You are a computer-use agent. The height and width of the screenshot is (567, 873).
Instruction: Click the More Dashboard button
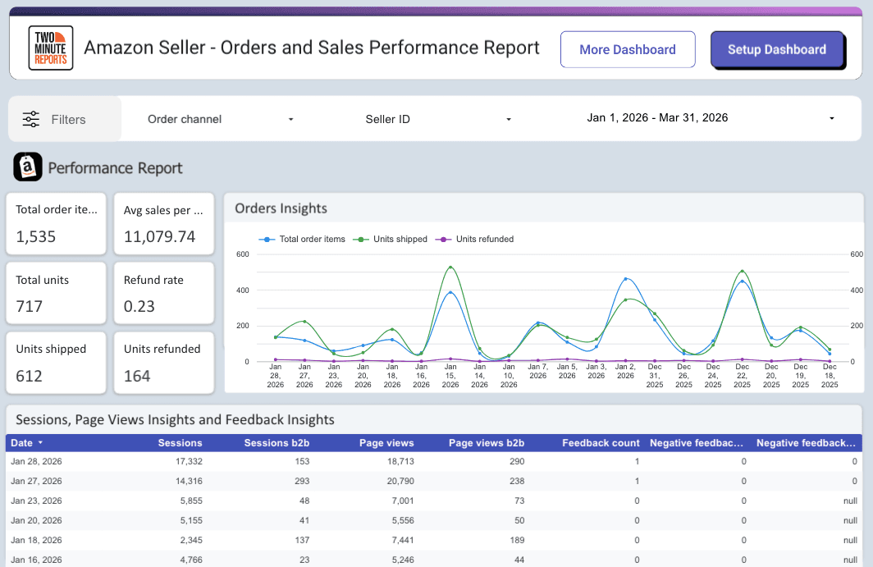628,49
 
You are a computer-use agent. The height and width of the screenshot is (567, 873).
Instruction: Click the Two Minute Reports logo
51,48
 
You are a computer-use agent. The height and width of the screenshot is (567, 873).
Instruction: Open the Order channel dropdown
220,119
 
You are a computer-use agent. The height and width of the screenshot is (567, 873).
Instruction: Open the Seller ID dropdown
438,119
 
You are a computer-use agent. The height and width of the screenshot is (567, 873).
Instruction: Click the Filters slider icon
31,119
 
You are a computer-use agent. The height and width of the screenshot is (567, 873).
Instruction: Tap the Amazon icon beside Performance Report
28,167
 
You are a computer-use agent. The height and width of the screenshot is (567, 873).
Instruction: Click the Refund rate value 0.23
139,306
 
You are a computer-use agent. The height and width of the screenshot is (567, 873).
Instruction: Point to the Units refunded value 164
137,376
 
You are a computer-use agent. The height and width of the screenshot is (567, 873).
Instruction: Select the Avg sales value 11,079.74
159,237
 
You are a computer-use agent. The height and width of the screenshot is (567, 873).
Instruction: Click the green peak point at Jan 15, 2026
450,267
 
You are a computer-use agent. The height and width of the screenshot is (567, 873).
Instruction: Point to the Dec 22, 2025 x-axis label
742,378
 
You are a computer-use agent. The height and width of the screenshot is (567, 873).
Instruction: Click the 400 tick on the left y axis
242,290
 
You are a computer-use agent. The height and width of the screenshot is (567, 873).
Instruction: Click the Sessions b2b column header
277,443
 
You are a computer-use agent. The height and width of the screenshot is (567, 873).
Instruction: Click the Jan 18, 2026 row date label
36,540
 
